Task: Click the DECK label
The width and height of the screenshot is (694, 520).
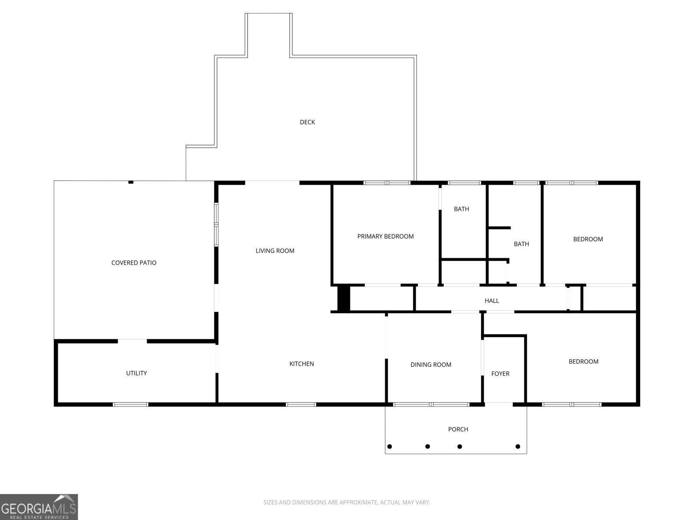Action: pos(307,122)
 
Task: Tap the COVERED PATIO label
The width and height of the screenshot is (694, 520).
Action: pos(134,263)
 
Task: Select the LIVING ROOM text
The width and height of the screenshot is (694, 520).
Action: pos(275,250)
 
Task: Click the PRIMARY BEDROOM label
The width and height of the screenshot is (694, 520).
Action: pos(385,236)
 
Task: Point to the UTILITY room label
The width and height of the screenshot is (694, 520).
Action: pos(136,373)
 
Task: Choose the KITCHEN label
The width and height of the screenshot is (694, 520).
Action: pos(301,364)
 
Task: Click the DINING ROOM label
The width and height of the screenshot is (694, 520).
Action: pos(431,364)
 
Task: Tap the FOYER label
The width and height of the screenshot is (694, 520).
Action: pos(500,374)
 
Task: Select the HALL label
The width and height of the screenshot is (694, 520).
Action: pos(491,300)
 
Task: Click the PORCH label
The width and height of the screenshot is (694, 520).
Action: pos(458,429)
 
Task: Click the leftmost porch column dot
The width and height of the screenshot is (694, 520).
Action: pos(390,446)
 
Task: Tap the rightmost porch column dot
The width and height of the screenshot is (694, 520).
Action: pos(517,446)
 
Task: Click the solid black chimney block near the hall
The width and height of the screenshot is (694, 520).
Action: pos(344,298)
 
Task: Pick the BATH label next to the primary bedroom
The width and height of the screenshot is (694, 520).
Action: pos(461,209)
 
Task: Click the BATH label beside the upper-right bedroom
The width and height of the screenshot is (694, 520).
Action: pos(521,244)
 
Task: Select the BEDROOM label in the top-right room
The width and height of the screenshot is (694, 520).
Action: pos(588,239)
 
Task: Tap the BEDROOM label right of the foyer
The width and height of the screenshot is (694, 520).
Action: pos(583,361)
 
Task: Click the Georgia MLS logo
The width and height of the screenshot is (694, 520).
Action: pos(39,507)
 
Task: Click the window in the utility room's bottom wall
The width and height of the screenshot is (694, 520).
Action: pos(131,404)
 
